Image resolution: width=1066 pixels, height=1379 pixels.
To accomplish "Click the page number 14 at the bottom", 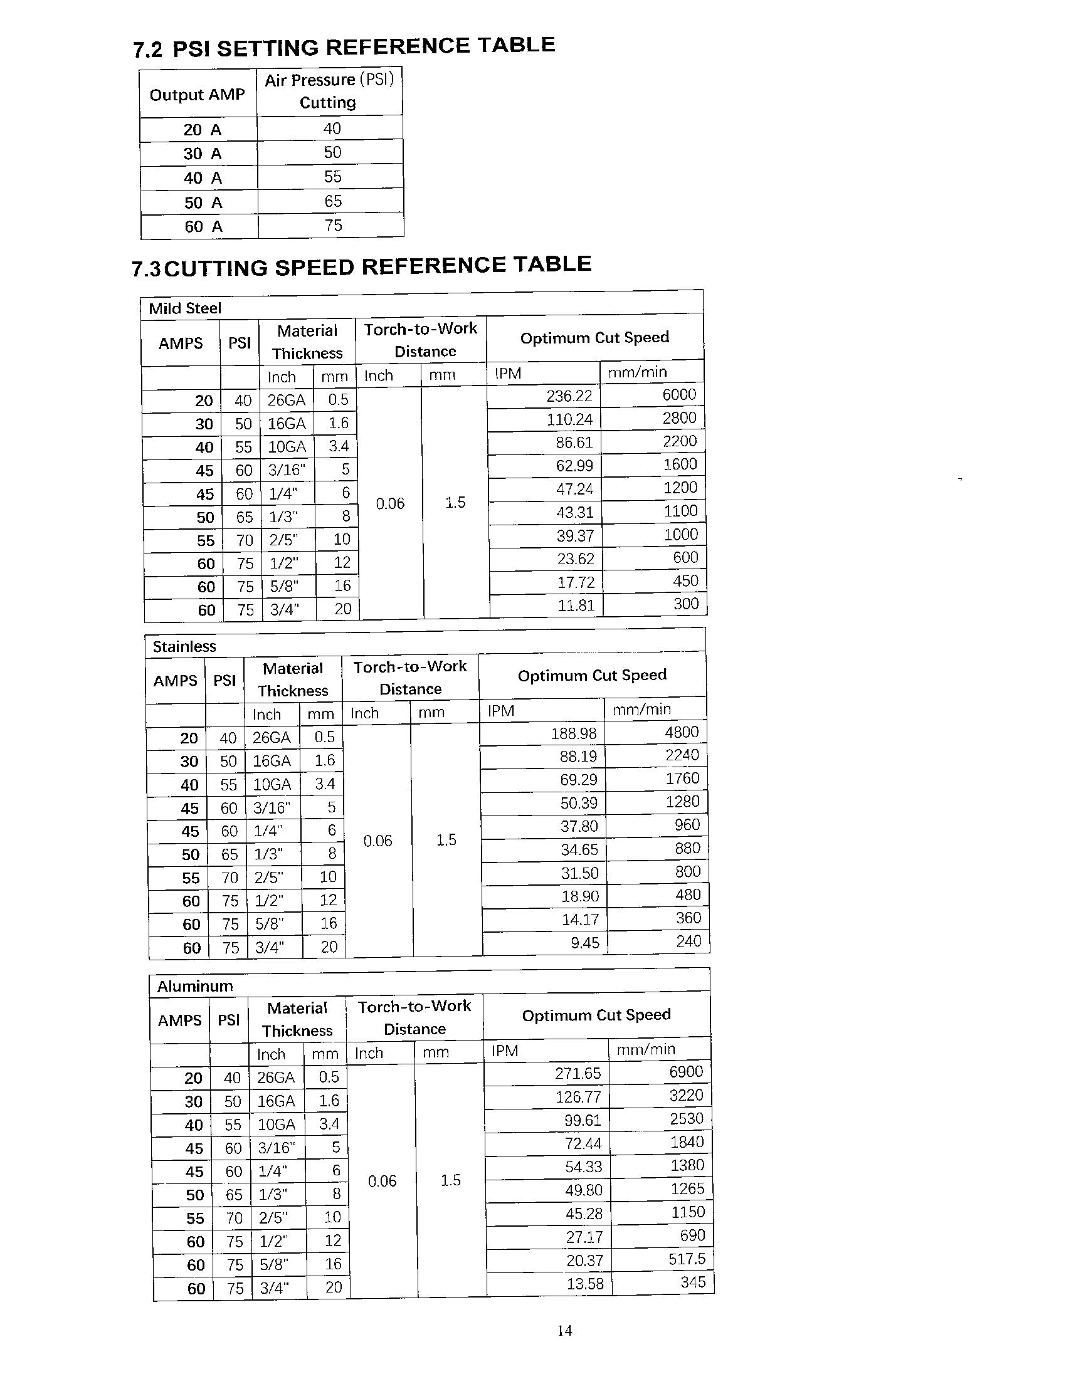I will pos(564,1330).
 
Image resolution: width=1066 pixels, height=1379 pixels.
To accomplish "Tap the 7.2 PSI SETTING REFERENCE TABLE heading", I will pos(344,47).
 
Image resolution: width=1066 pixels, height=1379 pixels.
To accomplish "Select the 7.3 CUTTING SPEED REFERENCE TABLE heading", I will pos(361,266).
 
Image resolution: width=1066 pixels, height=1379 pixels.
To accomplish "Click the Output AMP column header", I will pos(197,95).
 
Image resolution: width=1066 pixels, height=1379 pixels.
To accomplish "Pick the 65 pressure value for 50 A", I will pos(333,201).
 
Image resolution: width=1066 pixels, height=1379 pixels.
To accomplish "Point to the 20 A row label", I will pos(202,130).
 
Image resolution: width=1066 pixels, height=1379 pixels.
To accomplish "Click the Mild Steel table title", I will pos(184,308).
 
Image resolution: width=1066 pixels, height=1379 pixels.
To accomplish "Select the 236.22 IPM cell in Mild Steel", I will pos(569,396).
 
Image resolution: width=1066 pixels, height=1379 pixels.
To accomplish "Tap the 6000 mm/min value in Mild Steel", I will pos(679,395).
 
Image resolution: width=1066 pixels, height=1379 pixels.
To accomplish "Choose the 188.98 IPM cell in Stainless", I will pos(573,733).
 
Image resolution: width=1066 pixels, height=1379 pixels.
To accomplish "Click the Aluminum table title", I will pos(194,985).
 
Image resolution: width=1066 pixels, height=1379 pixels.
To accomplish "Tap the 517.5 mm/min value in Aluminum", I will pos(687,1259).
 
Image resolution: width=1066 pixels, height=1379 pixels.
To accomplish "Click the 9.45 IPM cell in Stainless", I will pos(585,943).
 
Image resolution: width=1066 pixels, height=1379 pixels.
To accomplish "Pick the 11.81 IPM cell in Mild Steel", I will pos(575,606).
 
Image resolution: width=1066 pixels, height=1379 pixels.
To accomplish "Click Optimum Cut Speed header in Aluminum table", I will pos(596,1015).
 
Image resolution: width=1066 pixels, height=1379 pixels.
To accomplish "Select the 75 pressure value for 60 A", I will pos(333,226).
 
